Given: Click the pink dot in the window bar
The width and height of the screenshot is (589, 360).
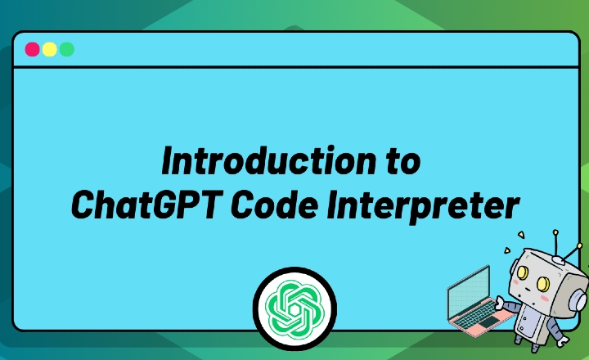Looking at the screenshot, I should click(33, 49).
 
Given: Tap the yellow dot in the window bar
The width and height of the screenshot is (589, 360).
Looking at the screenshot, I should click(50, 49).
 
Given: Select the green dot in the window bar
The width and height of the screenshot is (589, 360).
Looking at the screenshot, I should click(67, 49).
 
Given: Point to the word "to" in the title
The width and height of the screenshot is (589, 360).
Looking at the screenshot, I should click(402, 161).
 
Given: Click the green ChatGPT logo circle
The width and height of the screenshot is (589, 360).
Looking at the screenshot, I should click(294, 308).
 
